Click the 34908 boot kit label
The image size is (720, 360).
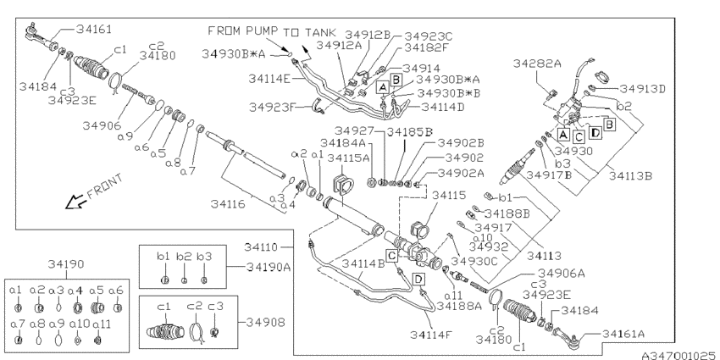pyautogui.click(x=266, y=323)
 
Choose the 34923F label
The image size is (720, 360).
pyautogui.click(x=270, y=108)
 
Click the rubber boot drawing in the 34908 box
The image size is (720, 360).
pyautogui.click(x=163, y=331)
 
